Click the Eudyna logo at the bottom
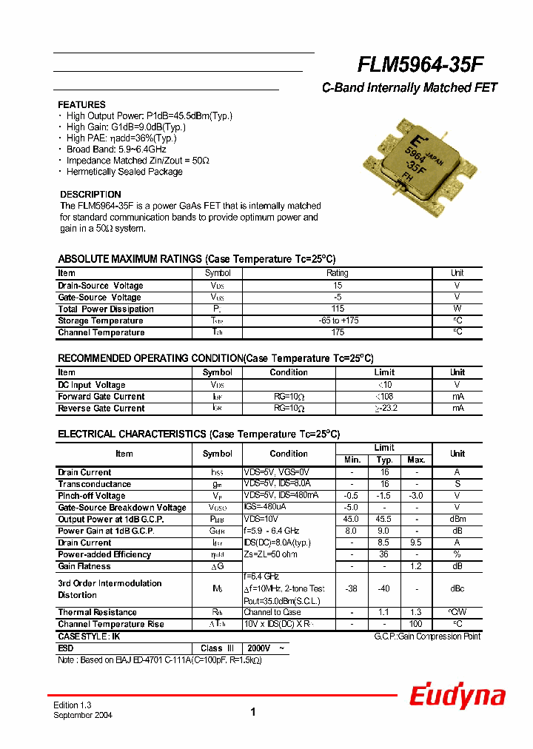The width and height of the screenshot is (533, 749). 457,696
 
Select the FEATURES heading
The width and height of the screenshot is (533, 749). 81,105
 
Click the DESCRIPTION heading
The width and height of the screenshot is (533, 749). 90,195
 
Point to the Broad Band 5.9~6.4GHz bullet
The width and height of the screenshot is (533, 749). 116,150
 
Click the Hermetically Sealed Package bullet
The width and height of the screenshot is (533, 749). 124,172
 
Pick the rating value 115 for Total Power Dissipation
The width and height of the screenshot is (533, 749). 337,309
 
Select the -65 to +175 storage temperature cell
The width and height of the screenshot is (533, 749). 337,321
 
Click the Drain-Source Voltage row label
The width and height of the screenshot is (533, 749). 101,286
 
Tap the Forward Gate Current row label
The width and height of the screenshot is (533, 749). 101,397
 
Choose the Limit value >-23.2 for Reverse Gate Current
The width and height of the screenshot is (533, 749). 384,409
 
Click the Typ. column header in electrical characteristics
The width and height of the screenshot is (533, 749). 384,460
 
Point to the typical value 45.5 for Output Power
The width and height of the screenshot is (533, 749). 384,520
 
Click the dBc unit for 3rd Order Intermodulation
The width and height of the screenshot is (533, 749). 457,589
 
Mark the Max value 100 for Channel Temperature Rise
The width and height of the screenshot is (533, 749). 416,625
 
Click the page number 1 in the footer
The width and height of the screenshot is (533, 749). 253,712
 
